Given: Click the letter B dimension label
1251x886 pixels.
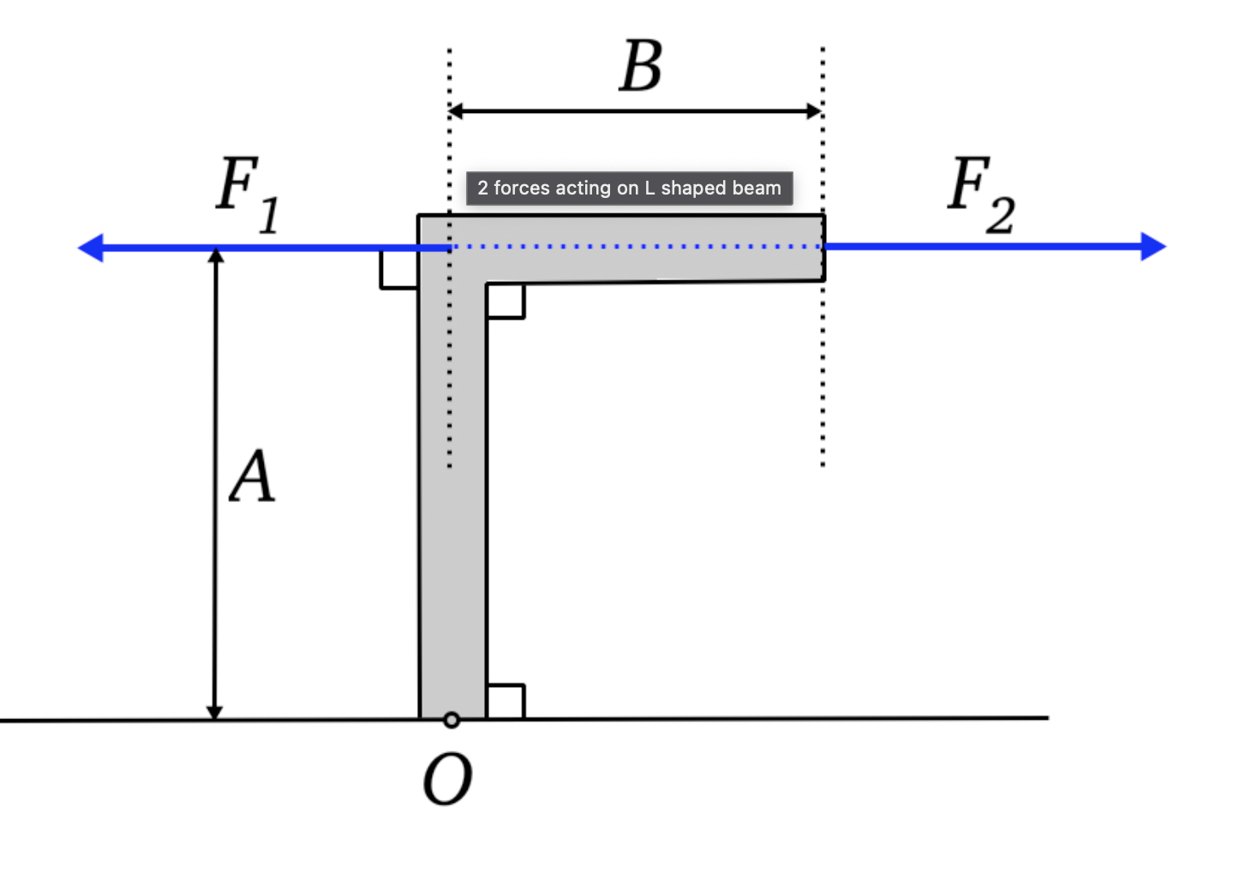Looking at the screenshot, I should [641, 67].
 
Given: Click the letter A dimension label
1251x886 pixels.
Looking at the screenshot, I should [252, 476].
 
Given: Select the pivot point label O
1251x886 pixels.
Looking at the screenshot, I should [447, 779].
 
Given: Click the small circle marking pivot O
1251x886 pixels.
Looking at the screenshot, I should [452, 720].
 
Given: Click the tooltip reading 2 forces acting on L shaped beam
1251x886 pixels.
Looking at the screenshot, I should [629, 189].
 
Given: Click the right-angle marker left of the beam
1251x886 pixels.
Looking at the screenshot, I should [399, 269].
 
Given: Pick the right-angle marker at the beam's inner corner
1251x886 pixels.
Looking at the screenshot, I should [505, 301].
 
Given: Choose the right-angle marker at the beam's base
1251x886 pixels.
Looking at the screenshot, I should [505, 701].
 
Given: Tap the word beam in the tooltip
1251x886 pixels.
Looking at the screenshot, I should [756, 189].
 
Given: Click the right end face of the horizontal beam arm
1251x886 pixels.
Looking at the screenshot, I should [824, 248].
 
